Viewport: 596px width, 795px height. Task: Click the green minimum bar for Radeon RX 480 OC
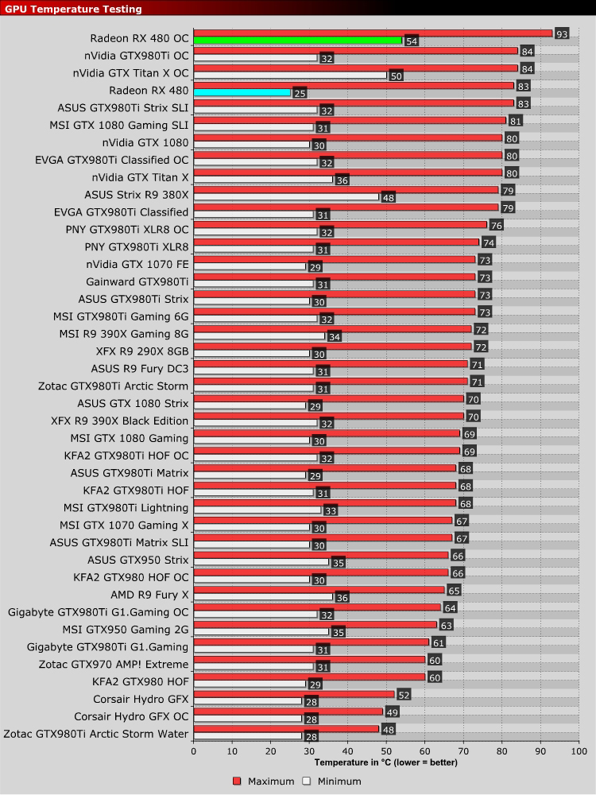[298, 41]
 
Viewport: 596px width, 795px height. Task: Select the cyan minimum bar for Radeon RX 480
[242, 93]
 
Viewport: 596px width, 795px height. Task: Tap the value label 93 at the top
[562, 33]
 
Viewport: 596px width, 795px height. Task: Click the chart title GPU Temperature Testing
[74, 9]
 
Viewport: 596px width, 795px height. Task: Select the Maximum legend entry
[265, 781]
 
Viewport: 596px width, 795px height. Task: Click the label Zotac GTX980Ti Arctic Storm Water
[96, 734]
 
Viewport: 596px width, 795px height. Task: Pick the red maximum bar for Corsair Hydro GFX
[294, 694]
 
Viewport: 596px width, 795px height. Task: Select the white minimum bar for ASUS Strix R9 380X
[286, 197]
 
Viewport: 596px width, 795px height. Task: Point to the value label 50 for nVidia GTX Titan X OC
[395, 76]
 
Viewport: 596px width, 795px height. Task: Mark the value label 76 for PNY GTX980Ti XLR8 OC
[496, 225]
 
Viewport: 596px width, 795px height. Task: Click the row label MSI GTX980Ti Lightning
[126, 507]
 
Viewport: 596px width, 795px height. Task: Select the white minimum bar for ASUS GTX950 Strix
[261, 562]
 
